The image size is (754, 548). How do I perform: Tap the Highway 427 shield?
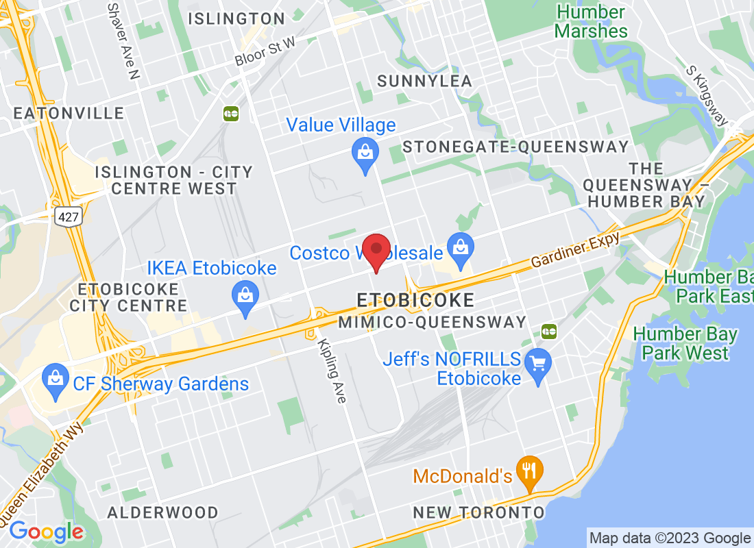click(69, 217)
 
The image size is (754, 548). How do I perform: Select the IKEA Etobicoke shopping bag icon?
click(245, 296)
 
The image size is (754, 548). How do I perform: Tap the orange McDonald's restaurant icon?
click(529, 470)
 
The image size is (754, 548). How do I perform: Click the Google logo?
click(47, 532)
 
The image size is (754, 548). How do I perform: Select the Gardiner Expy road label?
click(576, 250)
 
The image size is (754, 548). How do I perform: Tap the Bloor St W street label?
click(265, 51)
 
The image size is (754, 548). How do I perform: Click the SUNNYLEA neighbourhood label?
click(425, 81)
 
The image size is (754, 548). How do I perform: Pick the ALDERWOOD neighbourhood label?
click(163, 512)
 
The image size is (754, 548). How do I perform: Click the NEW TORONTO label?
click(478, 512)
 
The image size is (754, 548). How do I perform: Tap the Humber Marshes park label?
click(591, 22)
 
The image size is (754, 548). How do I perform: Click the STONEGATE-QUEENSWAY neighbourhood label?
click(515, 147)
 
